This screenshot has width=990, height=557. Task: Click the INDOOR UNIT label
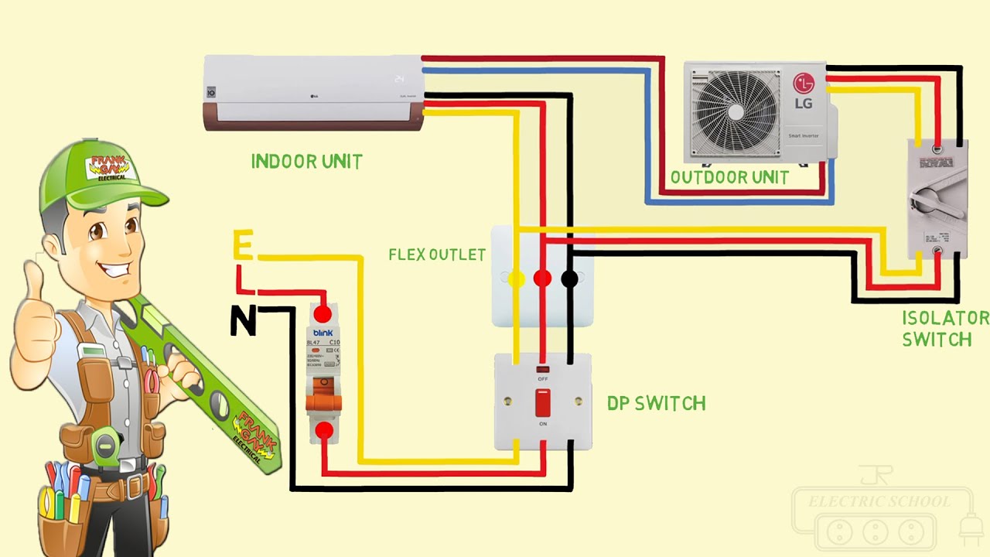click(x=306, y=162)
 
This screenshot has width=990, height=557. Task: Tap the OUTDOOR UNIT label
click(x=729, y=177)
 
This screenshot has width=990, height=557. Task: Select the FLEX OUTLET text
click(x=437, y=255)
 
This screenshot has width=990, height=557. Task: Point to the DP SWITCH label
click(x=656, y=403)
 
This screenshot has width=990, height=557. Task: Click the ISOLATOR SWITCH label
click(x=944, y=329)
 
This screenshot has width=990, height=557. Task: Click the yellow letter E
click(x=243, y=247)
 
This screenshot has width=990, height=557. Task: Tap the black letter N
click(x=243, y=321)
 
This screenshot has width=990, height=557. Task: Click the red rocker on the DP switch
click(x=543, y=402)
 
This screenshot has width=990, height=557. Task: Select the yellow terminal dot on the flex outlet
click(x=517, y=278)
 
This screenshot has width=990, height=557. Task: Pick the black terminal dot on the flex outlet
click(x=569, y=278)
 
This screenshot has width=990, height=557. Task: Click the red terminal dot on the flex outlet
click(x=543, y=278)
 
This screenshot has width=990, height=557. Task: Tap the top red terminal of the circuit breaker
click(x=323, y=313)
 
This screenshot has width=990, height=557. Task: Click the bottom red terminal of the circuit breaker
click(x=323, y=430)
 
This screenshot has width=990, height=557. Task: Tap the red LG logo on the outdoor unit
click(x=804, y=84)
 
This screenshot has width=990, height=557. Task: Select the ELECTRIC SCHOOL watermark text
click(x=879, y=502)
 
